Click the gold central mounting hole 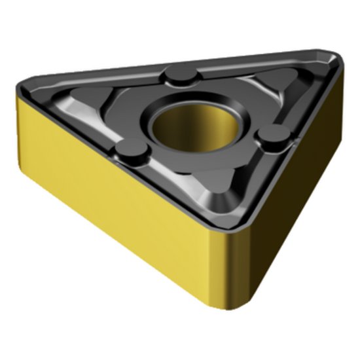click(x=187, y=126)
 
